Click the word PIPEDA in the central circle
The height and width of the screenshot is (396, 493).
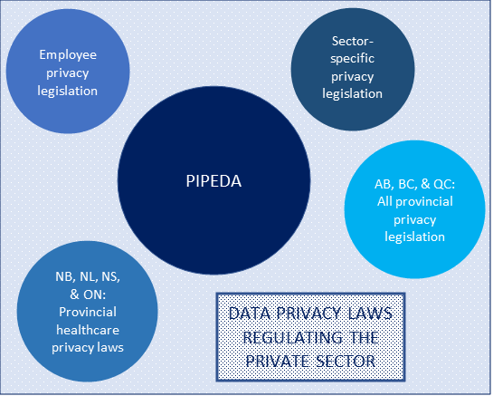point(213,181)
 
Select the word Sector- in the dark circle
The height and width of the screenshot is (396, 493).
point(353,41)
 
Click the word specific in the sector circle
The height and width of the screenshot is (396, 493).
point(353,59)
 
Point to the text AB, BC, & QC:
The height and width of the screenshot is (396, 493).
point(414,184)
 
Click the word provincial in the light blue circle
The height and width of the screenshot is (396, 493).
point(424,202)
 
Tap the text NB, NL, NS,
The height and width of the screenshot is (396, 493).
point(88,277)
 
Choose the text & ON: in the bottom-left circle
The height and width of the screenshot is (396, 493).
point(88,295)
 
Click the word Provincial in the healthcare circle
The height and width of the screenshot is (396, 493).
point(88,313)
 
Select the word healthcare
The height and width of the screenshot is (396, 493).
point(88,330)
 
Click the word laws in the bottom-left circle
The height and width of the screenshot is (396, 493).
point(110,347)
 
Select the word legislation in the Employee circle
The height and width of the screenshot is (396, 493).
point(68,92)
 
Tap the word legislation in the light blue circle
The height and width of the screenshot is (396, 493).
point(414,237)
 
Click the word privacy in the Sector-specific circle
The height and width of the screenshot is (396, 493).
point(353,77)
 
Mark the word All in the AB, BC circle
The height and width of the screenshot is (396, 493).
point(384,201)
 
